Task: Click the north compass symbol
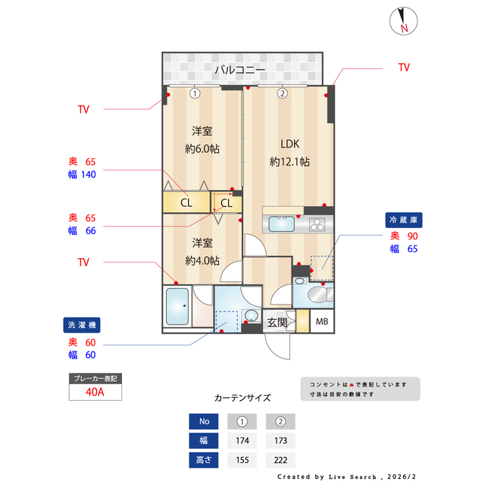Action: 402,20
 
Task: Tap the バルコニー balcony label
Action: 239,70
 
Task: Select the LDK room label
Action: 289,144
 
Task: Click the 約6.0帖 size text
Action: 202,149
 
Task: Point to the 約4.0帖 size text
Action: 202,260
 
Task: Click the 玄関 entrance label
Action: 277,323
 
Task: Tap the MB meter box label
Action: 322,322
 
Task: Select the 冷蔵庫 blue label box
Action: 403,220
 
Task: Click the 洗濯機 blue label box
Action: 82,324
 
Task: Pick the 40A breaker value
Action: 95,393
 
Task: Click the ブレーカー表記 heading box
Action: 95,377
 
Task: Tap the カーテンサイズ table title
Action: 242,397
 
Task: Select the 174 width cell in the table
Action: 242,440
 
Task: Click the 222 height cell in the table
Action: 280,459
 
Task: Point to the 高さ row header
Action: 203,459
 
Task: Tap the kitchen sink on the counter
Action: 282,224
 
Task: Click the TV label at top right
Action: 404,67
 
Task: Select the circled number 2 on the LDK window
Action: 282,94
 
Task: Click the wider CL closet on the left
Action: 186,203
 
